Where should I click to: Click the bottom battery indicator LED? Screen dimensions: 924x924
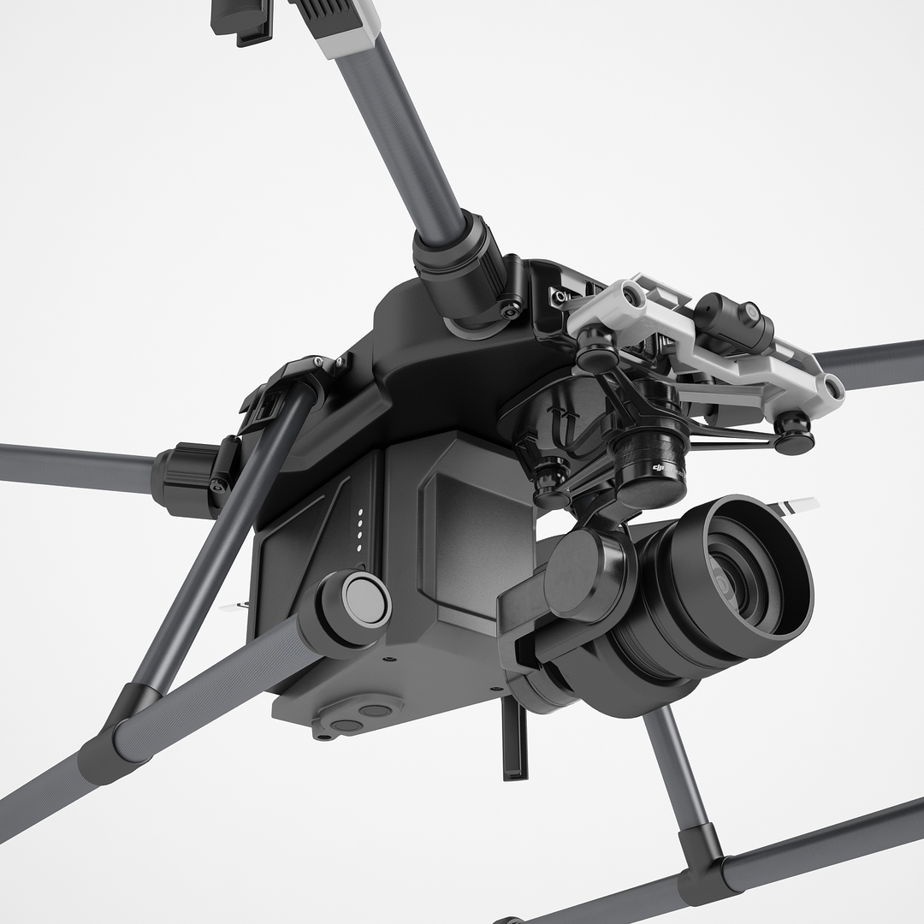(x=359, y=548)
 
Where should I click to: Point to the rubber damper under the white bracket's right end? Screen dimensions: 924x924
(x=795, y=432)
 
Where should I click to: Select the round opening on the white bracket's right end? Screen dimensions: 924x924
(x=829, y=389)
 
